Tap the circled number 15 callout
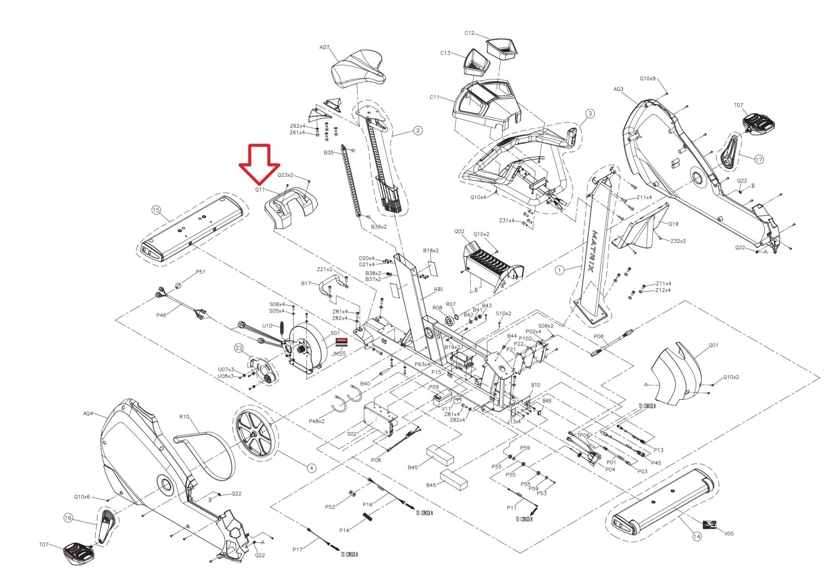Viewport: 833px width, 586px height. pos(156,210)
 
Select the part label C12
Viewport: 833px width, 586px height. pos(469,33)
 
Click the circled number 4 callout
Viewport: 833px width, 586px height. pos(311,468)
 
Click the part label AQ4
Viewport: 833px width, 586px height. pos(88,413)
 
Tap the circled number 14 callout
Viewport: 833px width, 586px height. pos(697,536)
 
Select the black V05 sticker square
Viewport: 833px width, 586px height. pos(710,525)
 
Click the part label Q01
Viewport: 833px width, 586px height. pos(713,345)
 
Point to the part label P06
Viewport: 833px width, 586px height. pos(599,337)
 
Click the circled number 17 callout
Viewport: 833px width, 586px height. pos(759,160)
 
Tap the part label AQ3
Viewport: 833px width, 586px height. pos(618,89)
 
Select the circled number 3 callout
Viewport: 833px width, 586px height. pos(590,113)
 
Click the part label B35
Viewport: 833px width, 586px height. pos(329,153)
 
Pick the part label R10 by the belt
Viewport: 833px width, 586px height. pos(184,417)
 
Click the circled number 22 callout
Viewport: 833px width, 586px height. pos(238,348)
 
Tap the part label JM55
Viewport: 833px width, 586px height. pos(338,354)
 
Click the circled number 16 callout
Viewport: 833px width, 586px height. pos(68,518)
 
